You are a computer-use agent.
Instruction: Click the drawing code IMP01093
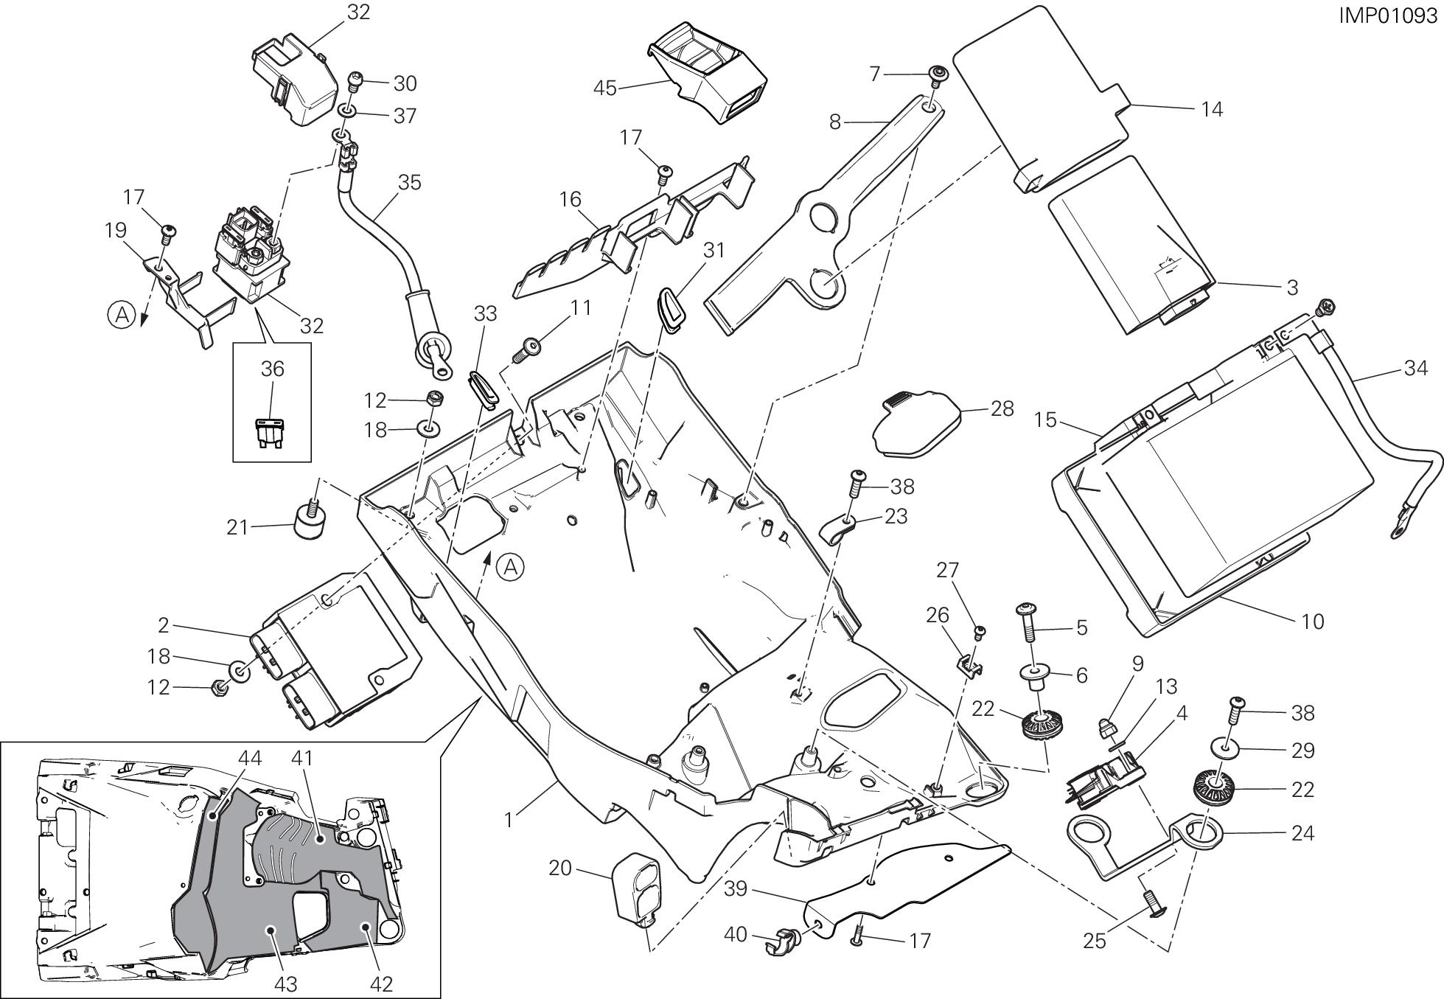coord(1388,15)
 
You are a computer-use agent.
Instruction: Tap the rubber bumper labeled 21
coord(310,518)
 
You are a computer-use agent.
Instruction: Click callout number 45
coord(605,88)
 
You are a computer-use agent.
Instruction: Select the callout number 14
coord(1212,109)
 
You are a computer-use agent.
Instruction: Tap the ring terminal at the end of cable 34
coord(1398,528)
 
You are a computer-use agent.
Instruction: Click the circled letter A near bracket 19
coord(122,316)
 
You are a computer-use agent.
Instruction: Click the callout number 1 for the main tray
coord(509,818)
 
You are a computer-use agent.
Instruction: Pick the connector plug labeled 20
coord(636,887)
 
